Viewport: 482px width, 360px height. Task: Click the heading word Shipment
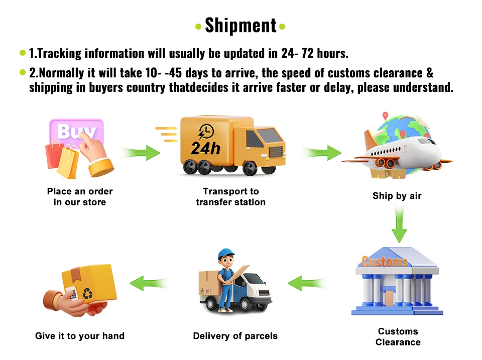coord(240,25)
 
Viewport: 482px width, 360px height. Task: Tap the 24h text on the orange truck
coord(205,148)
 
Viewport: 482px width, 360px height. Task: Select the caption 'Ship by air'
coord(397,196)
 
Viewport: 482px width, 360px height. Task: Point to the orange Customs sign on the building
coord(384,262)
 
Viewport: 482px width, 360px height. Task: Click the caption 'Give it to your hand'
coord(80,335)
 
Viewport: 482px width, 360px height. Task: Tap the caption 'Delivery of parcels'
coord(235,335)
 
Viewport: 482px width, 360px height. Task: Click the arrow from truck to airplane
coord(321,152)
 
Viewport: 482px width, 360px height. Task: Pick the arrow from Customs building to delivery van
coord(306,283)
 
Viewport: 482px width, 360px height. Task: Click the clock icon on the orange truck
coord(206,132)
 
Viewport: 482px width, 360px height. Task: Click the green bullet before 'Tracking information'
coord(22,53)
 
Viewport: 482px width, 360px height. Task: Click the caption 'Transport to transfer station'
coord(230,197)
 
